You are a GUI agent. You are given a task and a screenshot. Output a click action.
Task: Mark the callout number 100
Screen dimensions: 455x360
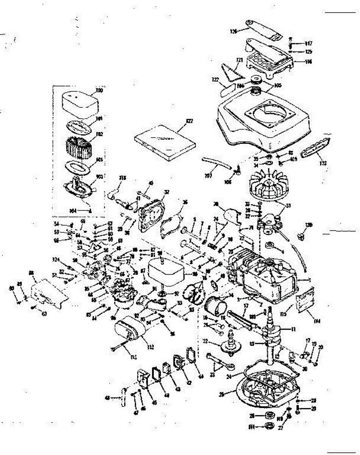(99, 91)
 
